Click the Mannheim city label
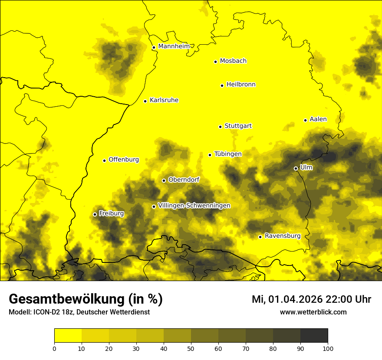click(174, 46)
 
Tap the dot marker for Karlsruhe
click(145, 101)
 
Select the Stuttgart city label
click(238, 126)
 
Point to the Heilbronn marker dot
click(222, 85)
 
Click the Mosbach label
click(233, 61)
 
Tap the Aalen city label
click(318, 119)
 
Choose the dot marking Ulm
click(296, 168)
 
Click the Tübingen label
click(228, 154)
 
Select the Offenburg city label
click(124, 160)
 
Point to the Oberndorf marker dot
click(164, 180)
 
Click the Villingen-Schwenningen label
click(194, 206)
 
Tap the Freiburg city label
click(111, 213)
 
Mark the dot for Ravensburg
click(260, 237)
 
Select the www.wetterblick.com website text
click(313, 312)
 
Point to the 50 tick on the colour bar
click(191, 348)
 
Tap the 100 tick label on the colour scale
click(328, 348)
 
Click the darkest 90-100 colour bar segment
click(314, 335)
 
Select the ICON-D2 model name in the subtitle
click(45, 312)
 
